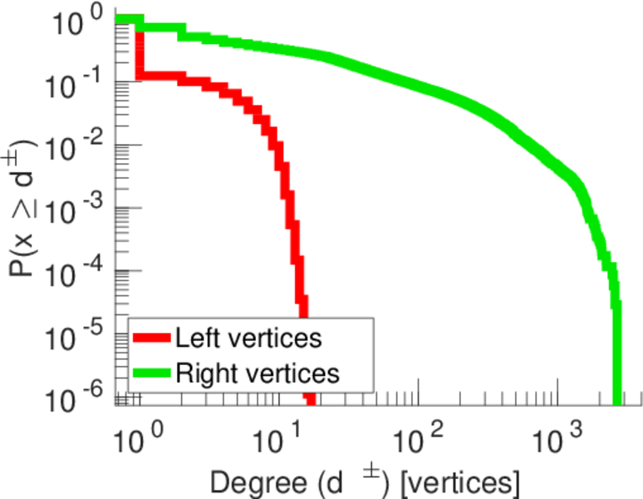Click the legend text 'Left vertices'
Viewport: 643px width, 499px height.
pos(247,338)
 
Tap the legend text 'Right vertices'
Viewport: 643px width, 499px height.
pos(257,372)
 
